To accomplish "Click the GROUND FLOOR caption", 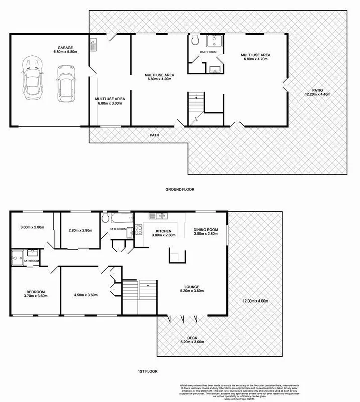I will pos(180,189).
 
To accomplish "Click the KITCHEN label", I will pos(163,232).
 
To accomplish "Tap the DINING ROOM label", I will pos(206,232).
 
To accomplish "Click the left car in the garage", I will pos(31,77).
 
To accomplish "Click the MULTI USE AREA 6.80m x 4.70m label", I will pos(256,57).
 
